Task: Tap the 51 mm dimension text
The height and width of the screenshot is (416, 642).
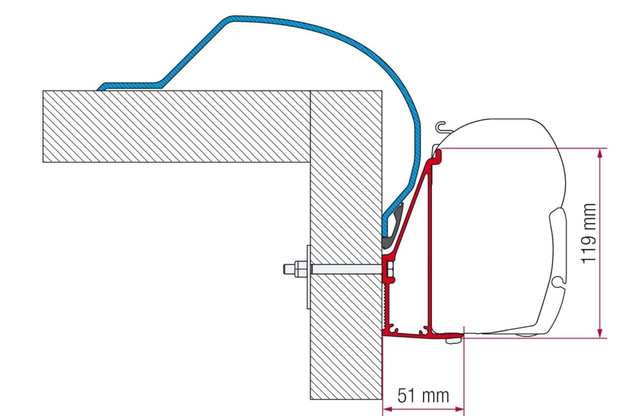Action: click(423, 395)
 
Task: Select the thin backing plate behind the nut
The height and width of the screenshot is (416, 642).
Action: click(308, 277)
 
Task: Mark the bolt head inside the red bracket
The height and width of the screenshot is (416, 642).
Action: click(389, 269)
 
